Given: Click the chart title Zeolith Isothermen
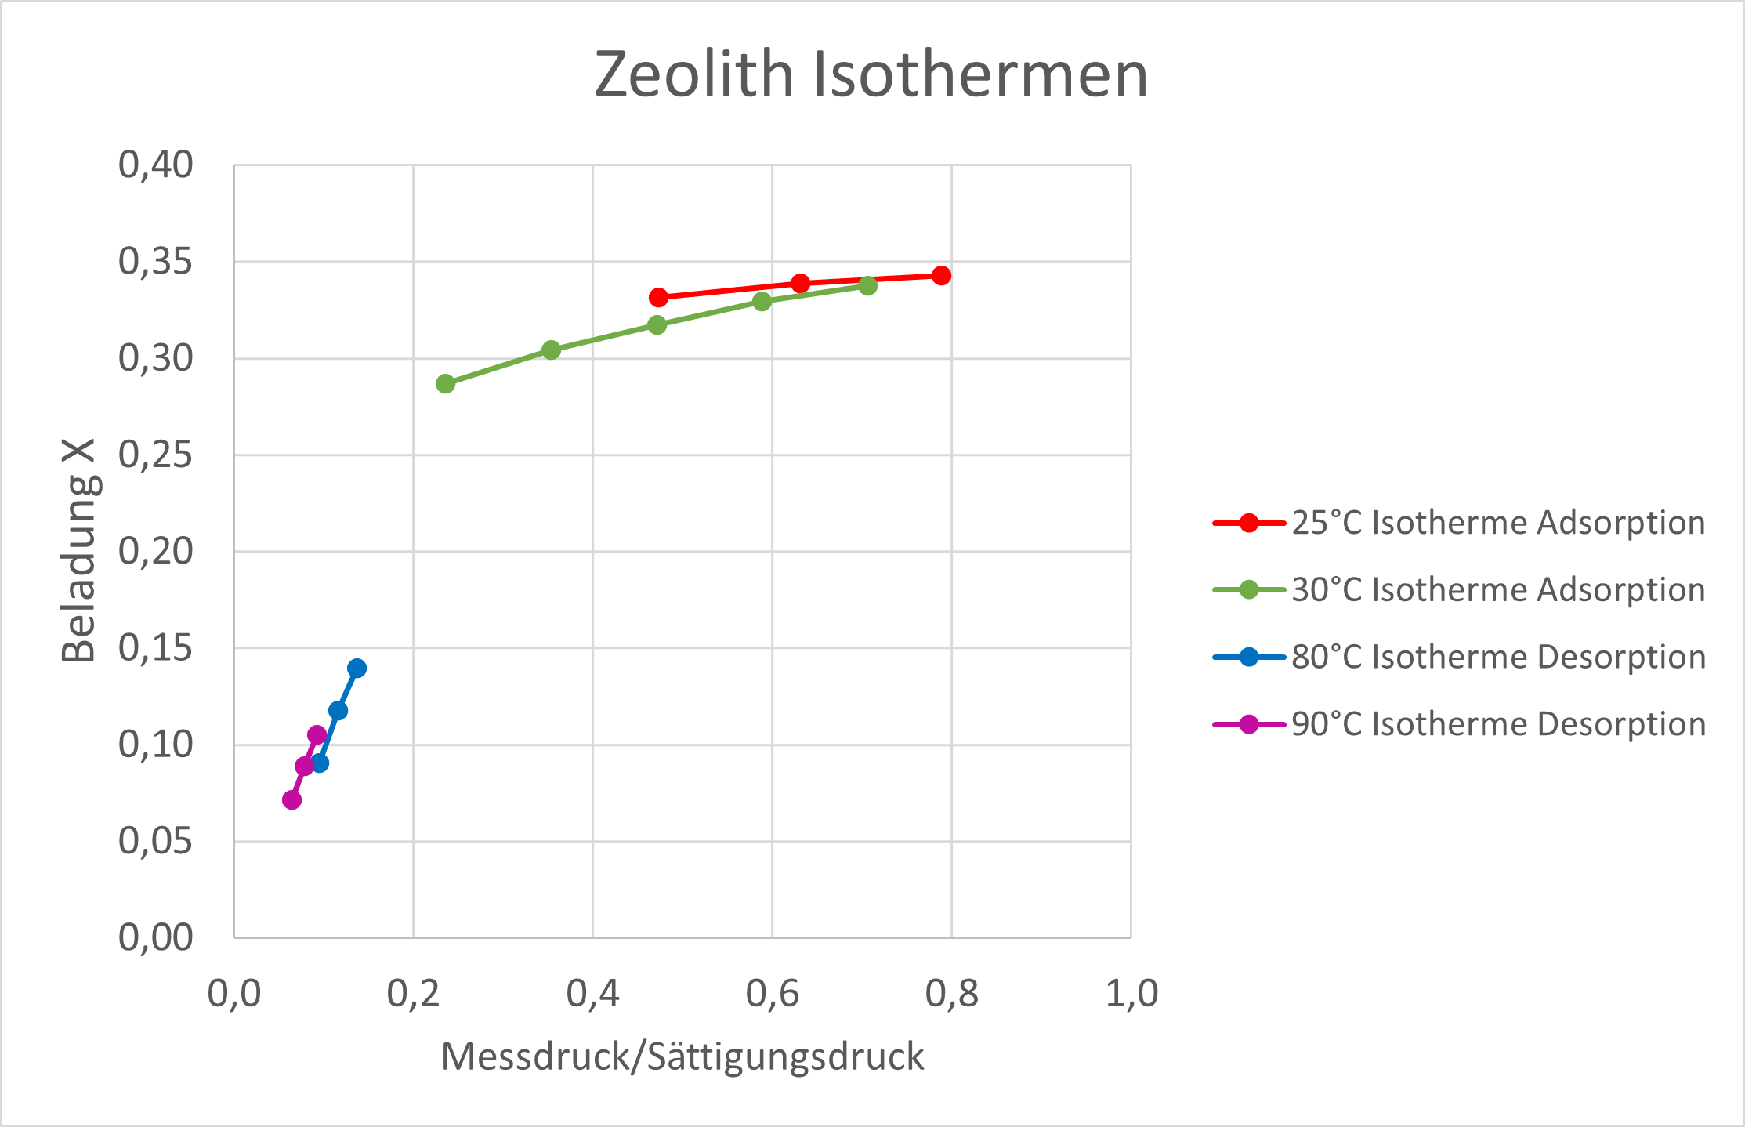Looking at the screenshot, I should (871, 74).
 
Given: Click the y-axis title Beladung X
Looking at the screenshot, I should (79, 550).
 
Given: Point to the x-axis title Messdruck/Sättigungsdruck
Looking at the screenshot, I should (682, 1056).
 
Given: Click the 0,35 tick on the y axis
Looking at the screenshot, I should (155, 262).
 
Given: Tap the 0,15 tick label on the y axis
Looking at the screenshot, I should (155, 648).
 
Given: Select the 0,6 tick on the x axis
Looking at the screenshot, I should (772, 994).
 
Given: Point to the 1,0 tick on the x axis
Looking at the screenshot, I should (1131, 994).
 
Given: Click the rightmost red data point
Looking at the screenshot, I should (941, 275).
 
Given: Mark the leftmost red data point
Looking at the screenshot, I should (658, 298).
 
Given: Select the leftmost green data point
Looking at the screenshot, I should (445, 384).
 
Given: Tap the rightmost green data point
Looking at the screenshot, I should (867, 285).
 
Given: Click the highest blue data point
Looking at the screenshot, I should (357, 669).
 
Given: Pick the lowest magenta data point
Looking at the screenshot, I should (291, 800).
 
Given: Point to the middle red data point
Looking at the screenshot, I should (800, 283).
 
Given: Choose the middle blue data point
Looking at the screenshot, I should (338, 711).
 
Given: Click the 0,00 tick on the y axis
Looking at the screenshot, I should (155, 937).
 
